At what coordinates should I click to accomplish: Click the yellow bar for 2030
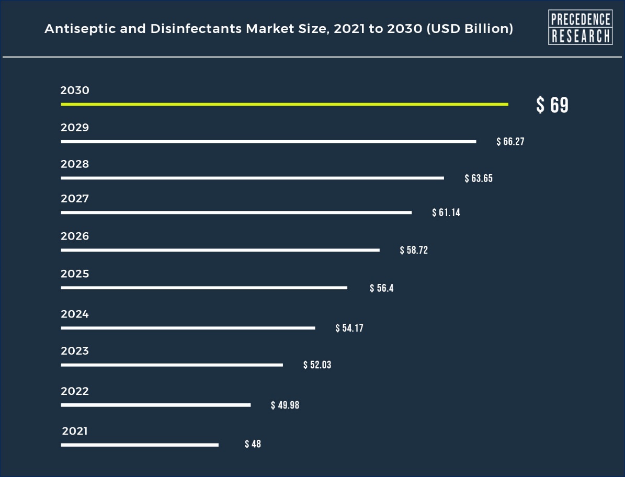[x=284, y=105]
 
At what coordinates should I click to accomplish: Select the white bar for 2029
[x=268, y=142]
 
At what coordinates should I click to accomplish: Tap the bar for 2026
[x=220, y=251]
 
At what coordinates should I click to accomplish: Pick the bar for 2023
[x=172, y=365]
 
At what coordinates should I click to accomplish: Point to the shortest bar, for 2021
[x=140, y=445]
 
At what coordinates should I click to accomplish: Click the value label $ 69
[x=552, y=105]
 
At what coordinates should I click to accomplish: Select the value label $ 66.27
[x=510, y=142]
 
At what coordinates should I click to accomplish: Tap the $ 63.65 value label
[x=479, y=178]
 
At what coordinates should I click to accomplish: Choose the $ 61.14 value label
[x=446, y=213]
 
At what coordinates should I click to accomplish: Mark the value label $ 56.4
[x=381, y=288]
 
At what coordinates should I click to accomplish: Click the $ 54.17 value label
[x=349, y=328]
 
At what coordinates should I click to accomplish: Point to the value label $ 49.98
[x=285, y=405]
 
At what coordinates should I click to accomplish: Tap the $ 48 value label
[x=253, y=445]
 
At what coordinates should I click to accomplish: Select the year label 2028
[x=75, y=164]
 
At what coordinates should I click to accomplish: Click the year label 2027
[x=75, y=199]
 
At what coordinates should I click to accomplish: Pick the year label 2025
[x=75, y=274]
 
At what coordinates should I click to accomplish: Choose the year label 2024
[x=75, y=314]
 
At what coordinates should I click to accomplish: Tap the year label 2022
[x=75, y=391]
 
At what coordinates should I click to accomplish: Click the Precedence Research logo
[x=580, y=27]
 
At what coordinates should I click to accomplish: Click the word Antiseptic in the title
[x=72, y=29]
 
